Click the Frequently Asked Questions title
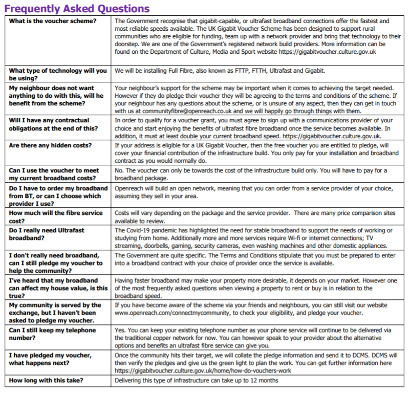pos(77,9)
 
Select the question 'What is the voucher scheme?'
pos(52,21)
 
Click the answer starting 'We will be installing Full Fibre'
pos(220,71)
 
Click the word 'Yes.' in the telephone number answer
pos(121,330)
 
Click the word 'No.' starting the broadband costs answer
pos(120,170)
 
